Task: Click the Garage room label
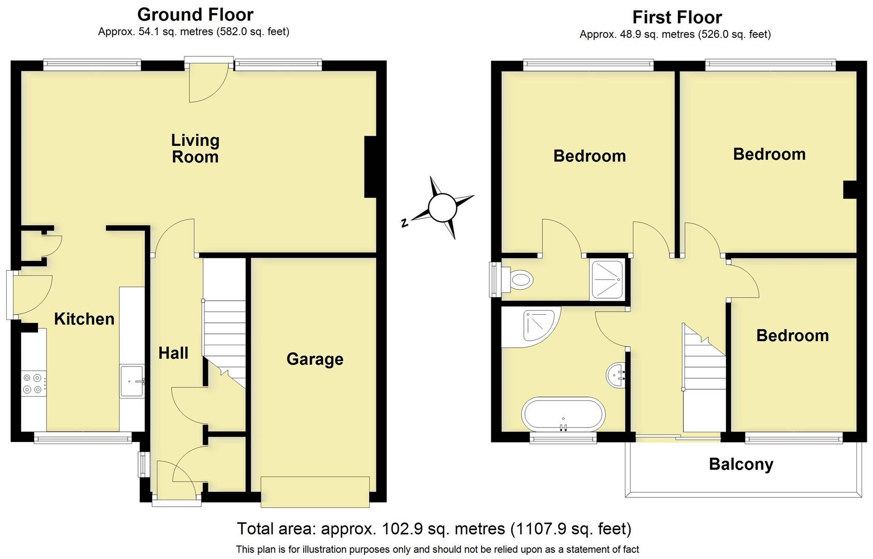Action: pos(314,359)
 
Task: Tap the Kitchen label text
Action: pos(84,319)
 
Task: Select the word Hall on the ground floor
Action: pos(173,353)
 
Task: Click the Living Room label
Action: pos(195,148)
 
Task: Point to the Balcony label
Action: pos(741,464)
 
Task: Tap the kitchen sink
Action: pos(132,381)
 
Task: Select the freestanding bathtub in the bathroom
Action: pos(563,414)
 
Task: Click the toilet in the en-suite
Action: pos(521,280)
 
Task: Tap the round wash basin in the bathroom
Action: pos(615,374)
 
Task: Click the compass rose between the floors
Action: pos(442,208)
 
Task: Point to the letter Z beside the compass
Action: pos(404,223)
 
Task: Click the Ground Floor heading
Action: pos(195,14)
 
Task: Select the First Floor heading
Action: pos(676,17)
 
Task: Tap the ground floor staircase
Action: pos(224,331)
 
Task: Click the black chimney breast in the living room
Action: pos(370,167)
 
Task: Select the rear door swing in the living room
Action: pos(207,85)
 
